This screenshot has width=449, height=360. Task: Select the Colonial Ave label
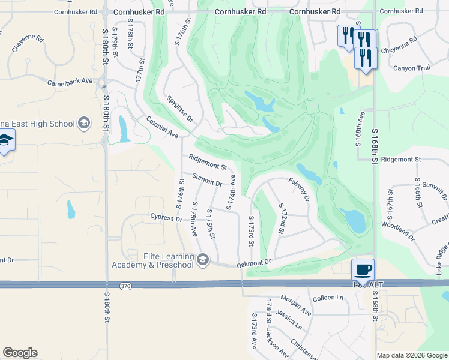(x=163, y=127)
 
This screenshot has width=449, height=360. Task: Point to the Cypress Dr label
(x=166, y=218)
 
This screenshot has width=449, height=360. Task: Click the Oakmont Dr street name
(x=254, y=262)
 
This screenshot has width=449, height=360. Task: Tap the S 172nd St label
(x=282, y=218)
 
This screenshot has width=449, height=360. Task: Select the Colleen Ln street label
(x=328, y=298)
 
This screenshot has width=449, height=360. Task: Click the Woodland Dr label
(x=397, y=230)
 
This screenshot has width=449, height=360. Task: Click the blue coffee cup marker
(x=362, y=269)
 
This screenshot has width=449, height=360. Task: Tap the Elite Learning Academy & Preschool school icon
(x=203, y=259)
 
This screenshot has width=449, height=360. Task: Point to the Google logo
(x=20, y=353)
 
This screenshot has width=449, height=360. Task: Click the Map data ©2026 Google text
(x=412, y=355)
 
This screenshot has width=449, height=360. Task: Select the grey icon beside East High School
(x=84, y=124)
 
